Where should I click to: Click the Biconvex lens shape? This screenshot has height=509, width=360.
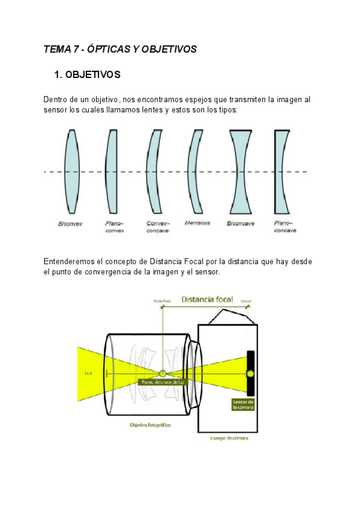[71, 171]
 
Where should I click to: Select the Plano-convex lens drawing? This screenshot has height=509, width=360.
[110, 171]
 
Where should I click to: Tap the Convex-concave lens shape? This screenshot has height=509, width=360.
[154, 171]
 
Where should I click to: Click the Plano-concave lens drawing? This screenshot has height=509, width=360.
[281, 171]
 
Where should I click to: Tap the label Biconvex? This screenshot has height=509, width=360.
[70, 224]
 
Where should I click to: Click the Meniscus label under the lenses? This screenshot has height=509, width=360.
[197, 223]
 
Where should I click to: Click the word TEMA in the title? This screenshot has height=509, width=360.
[56, 50]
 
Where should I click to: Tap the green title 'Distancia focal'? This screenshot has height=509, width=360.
[207, 299]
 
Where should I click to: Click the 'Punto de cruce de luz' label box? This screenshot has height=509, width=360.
[161, 382]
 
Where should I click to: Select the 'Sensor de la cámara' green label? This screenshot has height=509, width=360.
[244, 404]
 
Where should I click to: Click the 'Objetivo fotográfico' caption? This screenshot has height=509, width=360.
[151, 424]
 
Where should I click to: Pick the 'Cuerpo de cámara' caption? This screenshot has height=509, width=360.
[229, 438]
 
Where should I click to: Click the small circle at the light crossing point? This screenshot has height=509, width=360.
[162, 373]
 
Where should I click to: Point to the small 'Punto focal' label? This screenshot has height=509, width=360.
[162, 301]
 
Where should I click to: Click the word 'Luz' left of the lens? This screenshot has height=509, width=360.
[88, 373]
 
